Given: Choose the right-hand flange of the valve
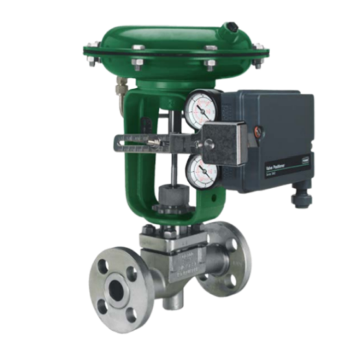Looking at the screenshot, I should click(x=237, y=259).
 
